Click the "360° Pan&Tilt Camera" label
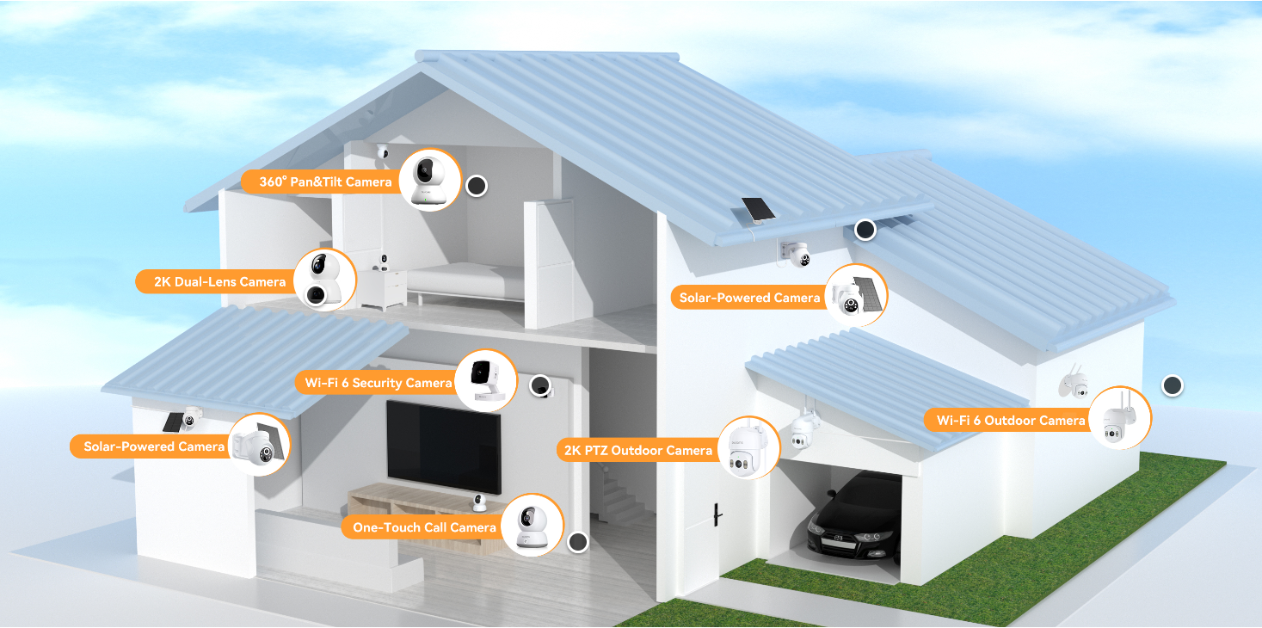(325, 182)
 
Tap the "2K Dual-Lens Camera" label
(219, 281)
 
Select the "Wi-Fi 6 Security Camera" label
(378, 383)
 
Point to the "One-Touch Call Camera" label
(424, 527)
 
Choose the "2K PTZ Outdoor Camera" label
(638, 451)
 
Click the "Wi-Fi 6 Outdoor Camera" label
(1011, 420)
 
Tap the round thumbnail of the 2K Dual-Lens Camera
(325, 280)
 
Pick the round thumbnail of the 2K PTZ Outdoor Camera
(748, 447)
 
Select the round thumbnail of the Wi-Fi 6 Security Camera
(486, 380)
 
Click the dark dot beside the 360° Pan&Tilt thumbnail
(477, 186)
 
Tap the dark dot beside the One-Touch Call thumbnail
(578, 542)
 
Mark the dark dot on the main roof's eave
(865, 230)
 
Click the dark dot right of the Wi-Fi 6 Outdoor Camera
(1173, 385)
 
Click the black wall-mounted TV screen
(443, 446)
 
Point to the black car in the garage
(854, 518)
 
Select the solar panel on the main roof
(759, 209)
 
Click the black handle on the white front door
(717, 514)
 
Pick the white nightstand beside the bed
(383, 288)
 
